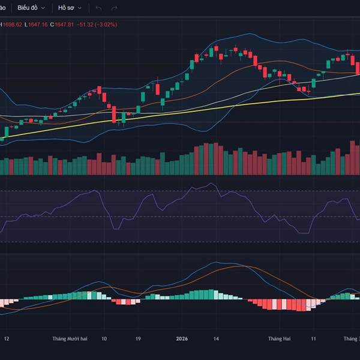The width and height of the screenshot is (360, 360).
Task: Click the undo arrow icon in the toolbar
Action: [x=98, y=8]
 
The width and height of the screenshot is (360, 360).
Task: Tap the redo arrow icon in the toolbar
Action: [x=115, y=8]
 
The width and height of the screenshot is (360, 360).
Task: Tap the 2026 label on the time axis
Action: [x=182, y=339]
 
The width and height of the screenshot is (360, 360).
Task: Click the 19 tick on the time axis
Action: [x=138, y=339]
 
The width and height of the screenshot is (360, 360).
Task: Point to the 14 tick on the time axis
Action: [x=217, y=339]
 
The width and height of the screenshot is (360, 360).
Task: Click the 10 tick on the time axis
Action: [x=104, y=339]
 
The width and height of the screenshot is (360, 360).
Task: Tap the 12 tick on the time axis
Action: [x=7, y=339]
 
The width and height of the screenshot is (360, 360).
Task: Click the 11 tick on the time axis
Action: [x=313, y=339]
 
